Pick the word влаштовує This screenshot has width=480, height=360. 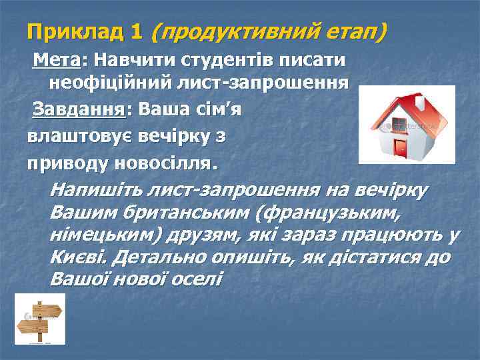point(79,137)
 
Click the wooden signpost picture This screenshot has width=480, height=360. point(41,320)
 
